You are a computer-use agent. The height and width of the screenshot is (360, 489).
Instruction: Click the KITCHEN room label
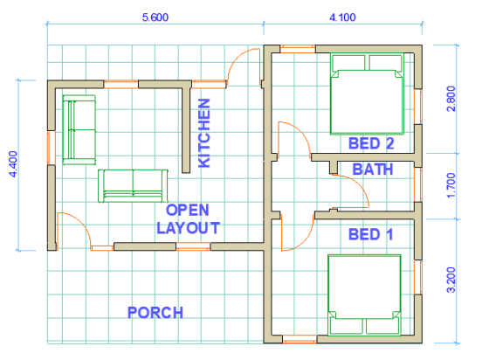click(205, 133)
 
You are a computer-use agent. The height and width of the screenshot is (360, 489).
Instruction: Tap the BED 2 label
click(371, 143)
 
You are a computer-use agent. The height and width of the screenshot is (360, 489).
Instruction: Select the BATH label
click(373, 170)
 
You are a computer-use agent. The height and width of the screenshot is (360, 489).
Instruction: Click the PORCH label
click(155, 312)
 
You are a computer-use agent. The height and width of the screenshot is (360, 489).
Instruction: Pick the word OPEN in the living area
click(187, 210)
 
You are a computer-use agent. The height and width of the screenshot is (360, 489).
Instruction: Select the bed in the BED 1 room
click(364, 294)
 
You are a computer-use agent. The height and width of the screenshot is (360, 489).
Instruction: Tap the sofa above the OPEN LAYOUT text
click(132, 183)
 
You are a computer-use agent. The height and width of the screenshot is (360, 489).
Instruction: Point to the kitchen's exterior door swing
click(244, 66)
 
